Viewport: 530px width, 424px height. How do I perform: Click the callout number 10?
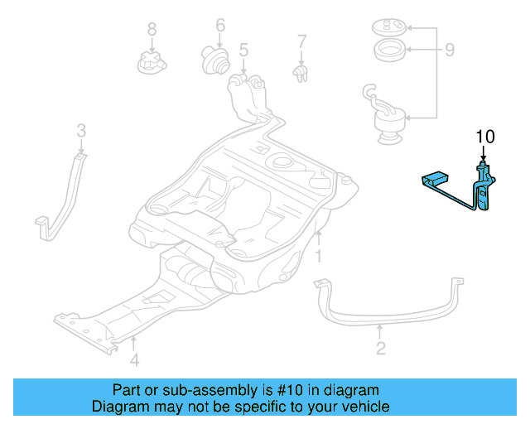pos(484,135)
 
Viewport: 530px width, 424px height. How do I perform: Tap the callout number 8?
pos(152,30)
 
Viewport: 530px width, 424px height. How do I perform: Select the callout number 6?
pos(220,25)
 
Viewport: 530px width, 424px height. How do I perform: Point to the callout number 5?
pos(243,51)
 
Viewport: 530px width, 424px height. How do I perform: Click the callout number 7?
pos(301,40)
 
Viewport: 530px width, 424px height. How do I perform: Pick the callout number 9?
pos(449,51)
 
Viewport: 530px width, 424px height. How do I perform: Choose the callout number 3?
pos(81,129)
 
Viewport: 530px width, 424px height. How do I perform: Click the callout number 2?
pos(380,348)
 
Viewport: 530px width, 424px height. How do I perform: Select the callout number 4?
pos(134,359)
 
